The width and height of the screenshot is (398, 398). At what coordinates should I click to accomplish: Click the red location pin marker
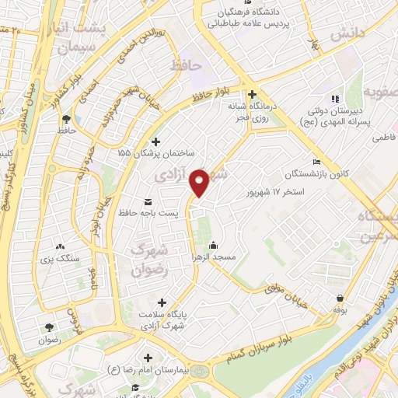coord(200,182)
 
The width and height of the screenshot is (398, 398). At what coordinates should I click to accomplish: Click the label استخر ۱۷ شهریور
coord(274,191)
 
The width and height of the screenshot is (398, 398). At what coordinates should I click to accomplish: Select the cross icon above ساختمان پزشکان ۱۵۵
coord(156,141)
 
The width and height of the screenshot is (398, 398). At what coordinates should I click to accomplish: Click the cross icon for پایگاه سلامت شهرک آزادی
coord(162,302)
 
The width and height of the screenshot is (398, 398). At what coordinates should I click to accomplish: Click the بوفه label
coord(340,309)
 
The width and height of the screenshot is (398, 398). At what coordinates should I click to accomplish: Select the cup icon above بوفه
coord(340,298)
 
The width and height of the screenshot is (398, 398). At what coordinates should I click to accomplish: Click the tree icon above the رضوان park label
coord(50,328)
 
